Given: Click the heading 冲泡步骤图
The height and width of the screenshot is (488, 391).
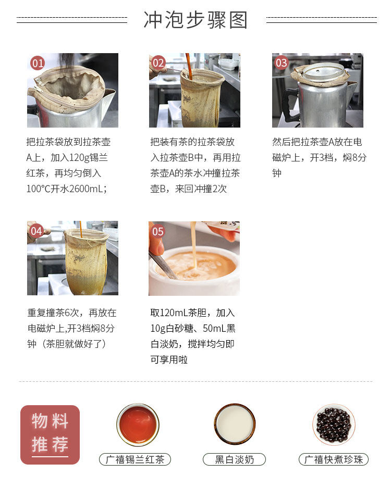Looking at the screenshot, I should pyautogui.click(x=196, y=20).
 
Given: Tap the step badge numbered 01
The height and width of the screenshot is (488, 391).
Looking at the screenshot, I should pyautogui.click(x=38, y=64).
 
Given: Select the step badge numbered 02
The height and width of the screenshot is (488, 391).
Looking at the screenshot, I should pyautogui.click(x=158, y=64).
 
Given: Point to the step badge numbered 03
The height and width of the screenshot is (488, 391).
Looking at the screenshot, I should pyautogui.click(x=282, y=64).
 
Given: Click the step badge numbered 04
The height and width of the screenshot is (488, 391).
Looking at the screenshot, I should pyautogui.click(x=36, y=231).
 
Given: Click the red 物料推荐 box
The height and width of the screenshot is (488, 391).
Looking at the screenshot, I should pyautogui.click(x=50, y=434).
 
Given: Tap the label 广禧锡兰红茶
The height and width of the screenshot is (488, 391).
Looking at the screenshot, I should pyautogui.click(x=135, y=459).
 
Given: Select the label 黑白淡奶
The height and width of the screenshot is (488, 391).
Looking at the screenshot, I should pyautogui.click(x=234, y=459).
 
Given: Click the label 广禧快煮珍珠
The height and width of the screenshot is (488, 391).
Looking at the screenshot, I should pyautogui.click(x=334, y=459).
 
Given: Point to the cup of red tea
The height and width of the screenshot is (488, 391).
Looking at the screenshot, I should pyautogui.click(x=138, y=424).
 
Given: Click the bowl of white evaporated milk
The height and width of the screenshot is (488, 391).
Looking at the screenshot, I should pyautogui.click(x=235, y=424).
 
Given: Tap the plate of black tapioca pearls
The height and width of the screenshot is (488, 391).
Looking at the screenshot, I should pyautogui.click(x=334, y=424).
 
